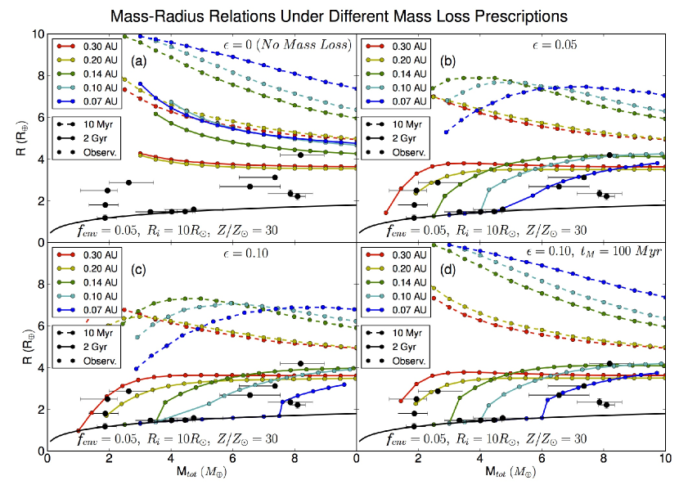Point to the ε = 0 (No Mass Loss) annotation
tap(286, 44)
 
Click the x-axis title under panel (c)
tap(201, 474)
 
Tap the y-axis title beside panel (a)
tap(16, 140)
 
